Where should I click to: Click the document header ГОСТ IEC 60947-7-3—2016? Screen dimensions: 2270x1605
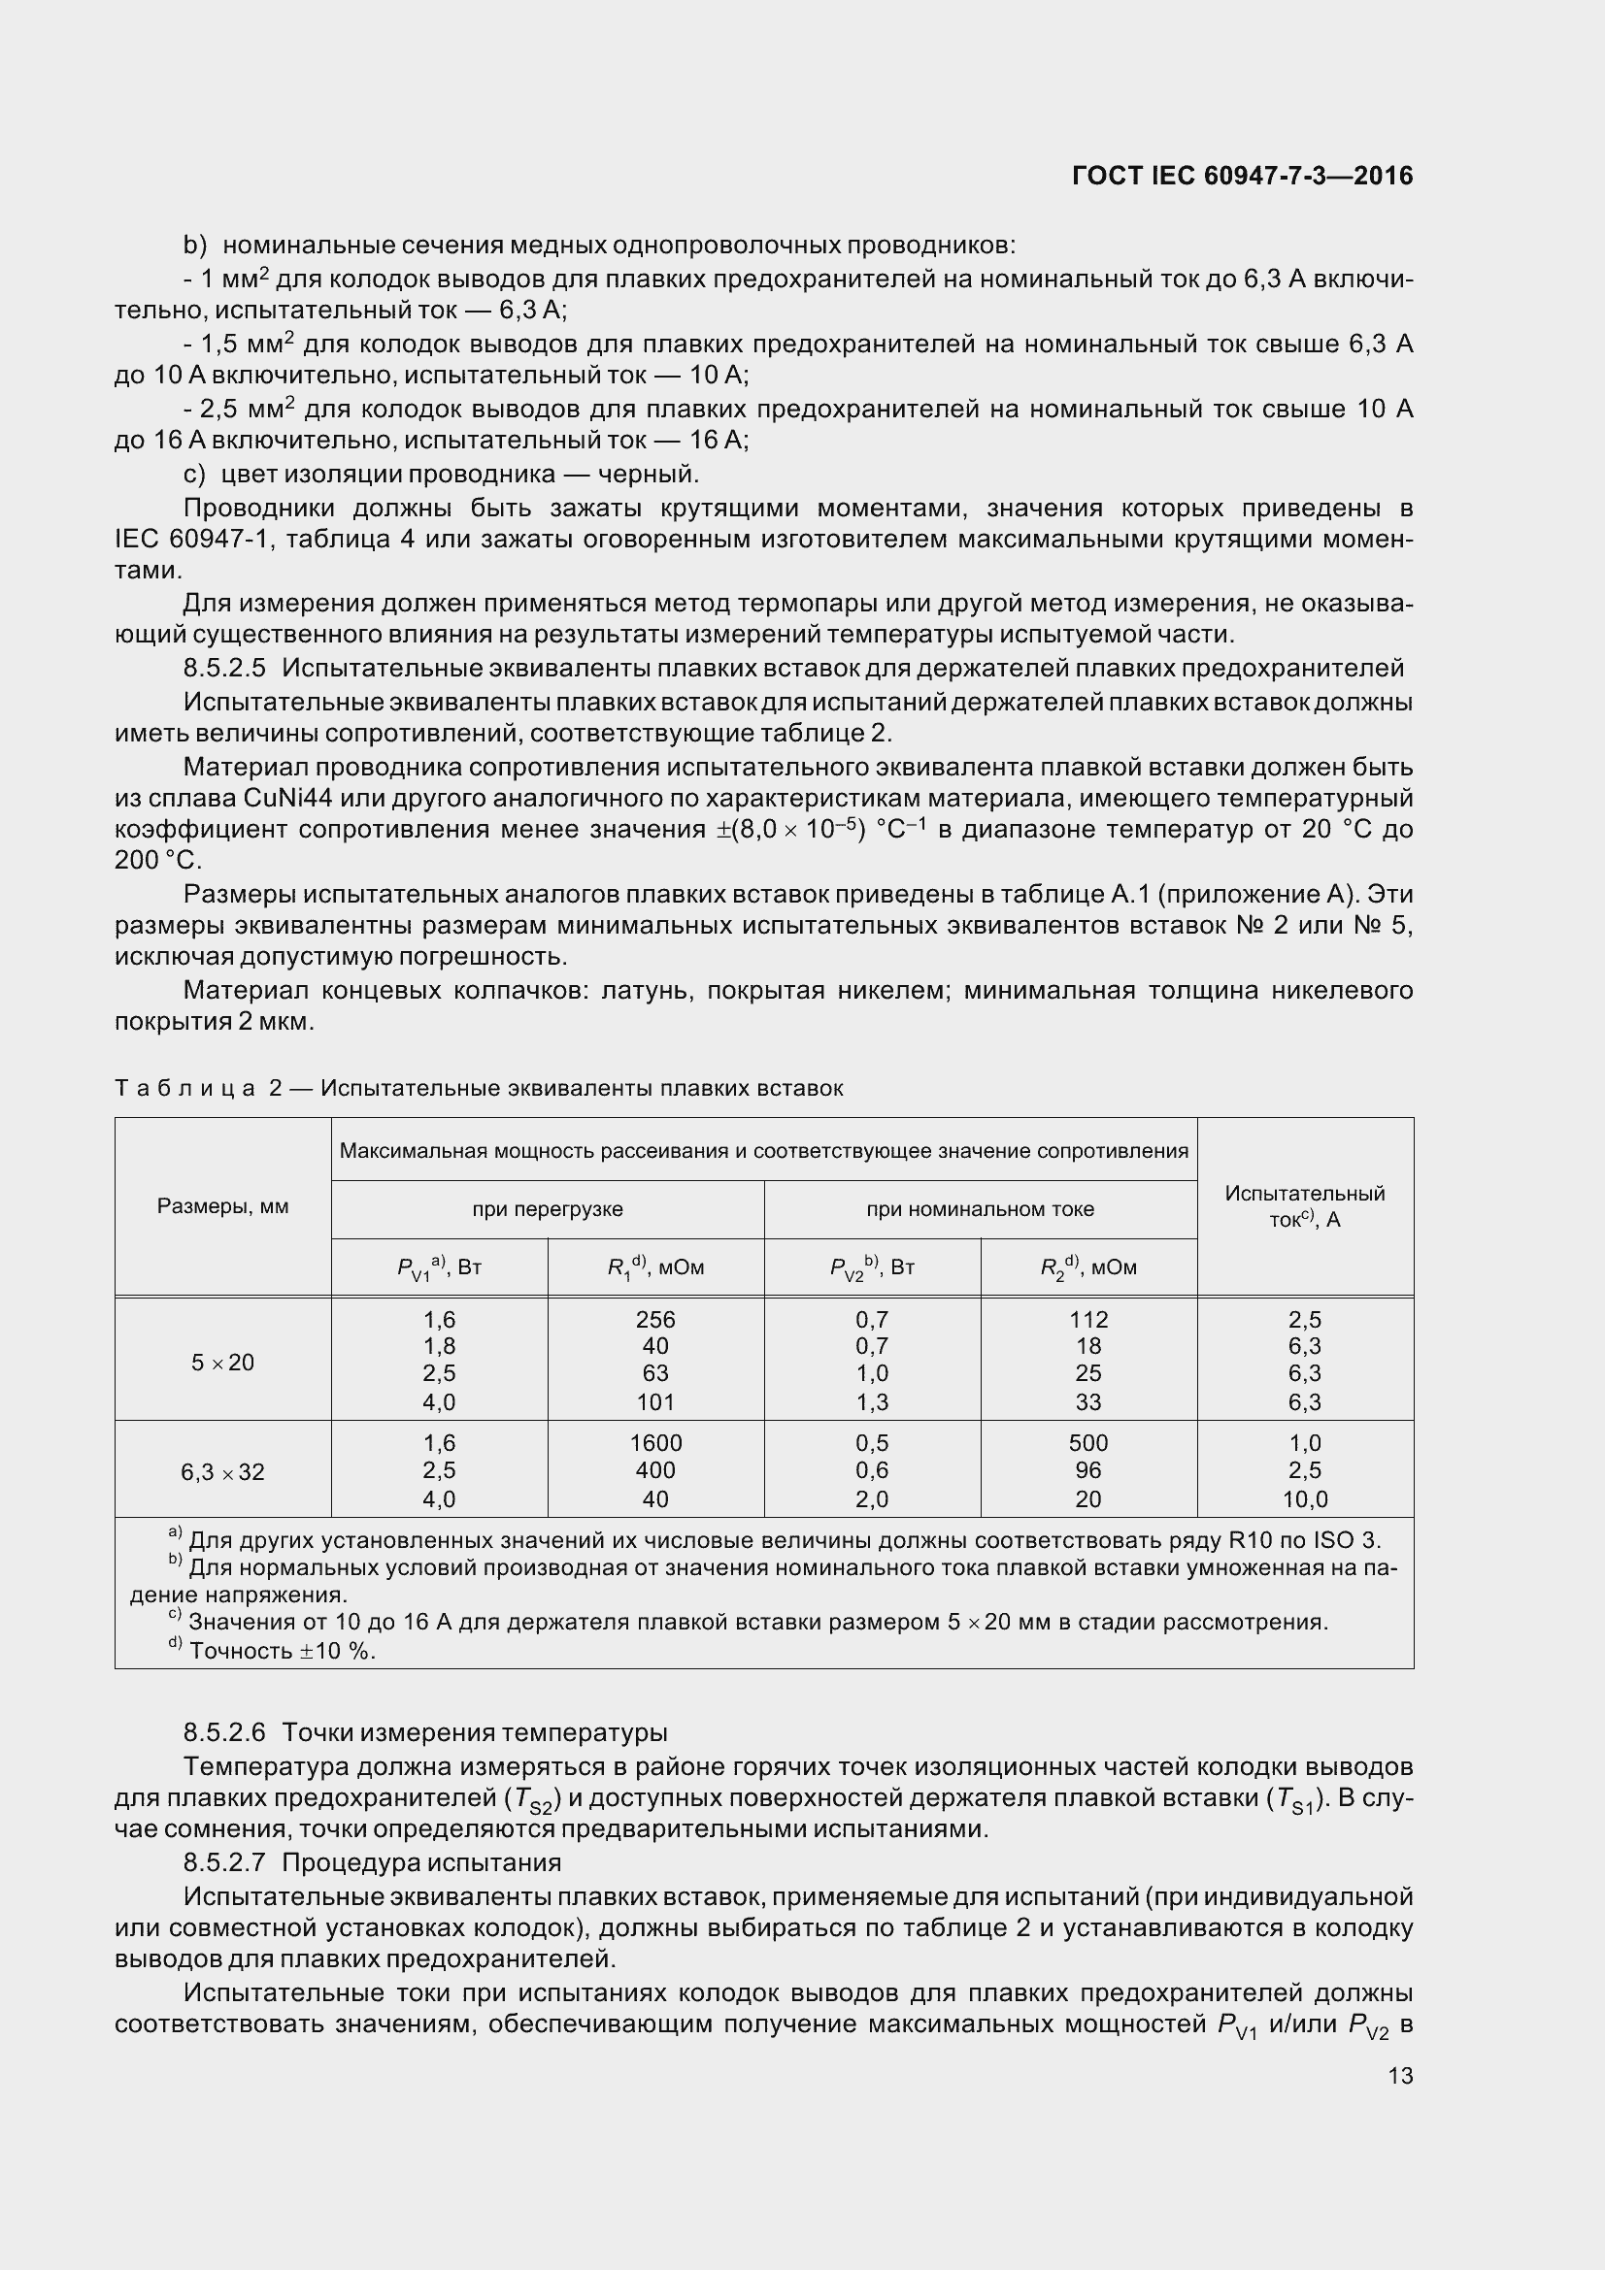(x=1242, y=176)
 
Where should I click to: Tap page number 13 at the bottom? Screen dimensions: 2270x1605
(x=1400, y=2075)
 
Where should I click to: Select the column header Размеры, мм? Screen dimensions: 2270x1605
(x=222, y=1206)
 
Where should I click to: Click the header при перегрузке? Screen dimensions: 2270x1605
(x=547, y=1209)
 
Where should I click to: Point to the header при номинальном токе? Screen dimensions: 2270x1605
(x=980, y=1209)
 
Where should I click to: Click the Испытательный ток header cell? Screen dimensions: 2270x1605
(x=1304, y=1206)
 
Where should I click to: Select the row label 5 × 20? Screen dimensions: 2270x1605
(x=222, y=1363)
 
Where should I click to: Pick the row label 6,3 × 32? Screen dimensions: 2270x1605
(x=222, y=1472)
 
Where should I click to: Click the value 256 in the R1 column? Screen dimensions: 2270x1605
(x=655, y=1320)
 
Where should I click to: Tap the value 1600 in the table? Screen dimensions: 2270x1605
(x=655, y=1443)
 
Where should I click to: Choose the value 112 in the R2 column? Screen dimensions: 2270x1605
(x=1088, y=1320)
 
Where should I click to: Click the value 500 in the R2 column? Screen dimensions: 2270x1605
(x=1088, y=1443)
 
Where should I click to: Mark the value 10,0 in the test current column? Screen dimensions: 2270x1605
(x=1304, y=1499)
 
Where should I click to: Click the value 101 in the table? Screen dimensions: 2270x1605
(x=655, y=1402)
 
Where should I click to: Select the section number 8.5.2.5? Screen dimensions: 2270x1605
(x=224, y=669)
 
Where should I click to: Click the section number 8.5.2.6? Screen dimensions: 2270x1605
(x=224, y=1732)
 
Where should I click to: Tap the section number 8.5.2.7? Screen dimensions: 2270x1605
(x=224, y=1862)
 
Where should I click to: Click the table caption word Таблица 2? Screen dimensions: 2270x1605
(x=199, y=1089)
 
